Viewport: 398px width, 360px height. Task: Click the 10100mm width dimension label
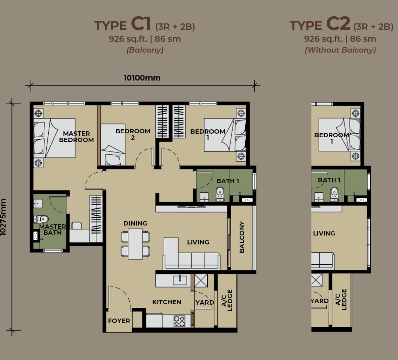click(142, 78)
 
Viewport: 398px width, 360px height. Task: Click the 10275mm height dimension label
click(3, 217)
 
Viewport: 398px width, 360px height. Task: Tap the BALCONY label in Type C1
click(242, 237)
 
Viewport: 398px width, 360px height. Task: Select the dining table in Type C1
click(135, 244)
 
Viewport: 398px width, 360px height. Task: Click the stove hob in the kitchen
click(180, 321)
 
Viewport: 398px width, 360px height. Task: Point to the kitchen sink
click(180, 280)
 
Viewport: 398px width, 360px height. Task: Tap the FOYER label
click(119, 321)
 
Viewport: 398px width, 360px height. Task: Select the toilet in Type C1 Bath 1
click(220, 194)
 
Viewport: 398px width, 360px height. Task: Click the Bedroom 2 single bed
click(113, 145)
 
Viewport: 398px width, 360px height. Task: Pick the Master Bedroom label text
click(76, 136)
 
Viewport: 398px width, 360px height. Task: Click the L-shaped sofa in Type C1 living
click(191, 254)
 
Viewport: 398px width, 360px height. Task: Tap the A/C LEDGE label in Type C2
click(341, 299)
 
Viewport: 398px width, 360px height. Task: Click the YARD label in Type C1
click(205, 302)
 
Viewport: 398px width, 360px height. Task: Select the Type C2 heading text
click(341, 25)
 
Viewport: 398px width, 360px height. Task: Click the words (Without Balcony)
click(340, 50)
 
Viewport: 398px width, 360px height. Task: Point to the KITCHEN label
click(167, 302)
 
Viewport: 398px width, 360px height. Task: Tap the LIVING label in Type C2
click(324, 233)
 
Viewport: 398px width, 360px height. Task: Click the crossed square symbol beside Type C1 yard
click(201, 280)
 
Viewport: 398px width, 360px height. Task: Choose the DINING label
click(135, 223)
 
